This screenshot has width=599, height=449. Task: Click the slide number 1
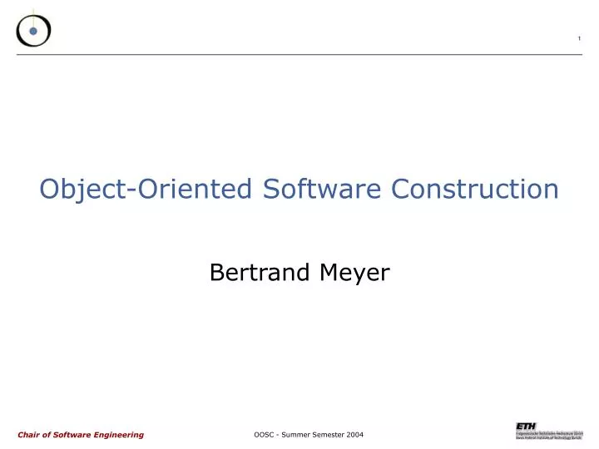coord(579,39)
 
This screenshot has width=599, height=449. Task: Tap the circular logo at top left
coord(33,30)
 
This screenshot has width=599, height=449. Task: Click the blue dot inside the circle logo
coord(33,32)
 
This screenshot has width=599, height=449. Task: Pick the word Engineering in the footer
coord(118,435)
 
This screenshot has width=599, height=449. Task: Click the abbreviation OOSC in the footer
coord(265,435)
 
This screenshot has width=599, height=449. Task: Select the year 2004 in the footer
coord(354,435)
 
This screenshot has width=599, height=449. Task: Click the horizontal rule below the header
coord(299,55)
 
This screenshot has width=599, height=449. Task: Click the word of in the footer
coord(49,435)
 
